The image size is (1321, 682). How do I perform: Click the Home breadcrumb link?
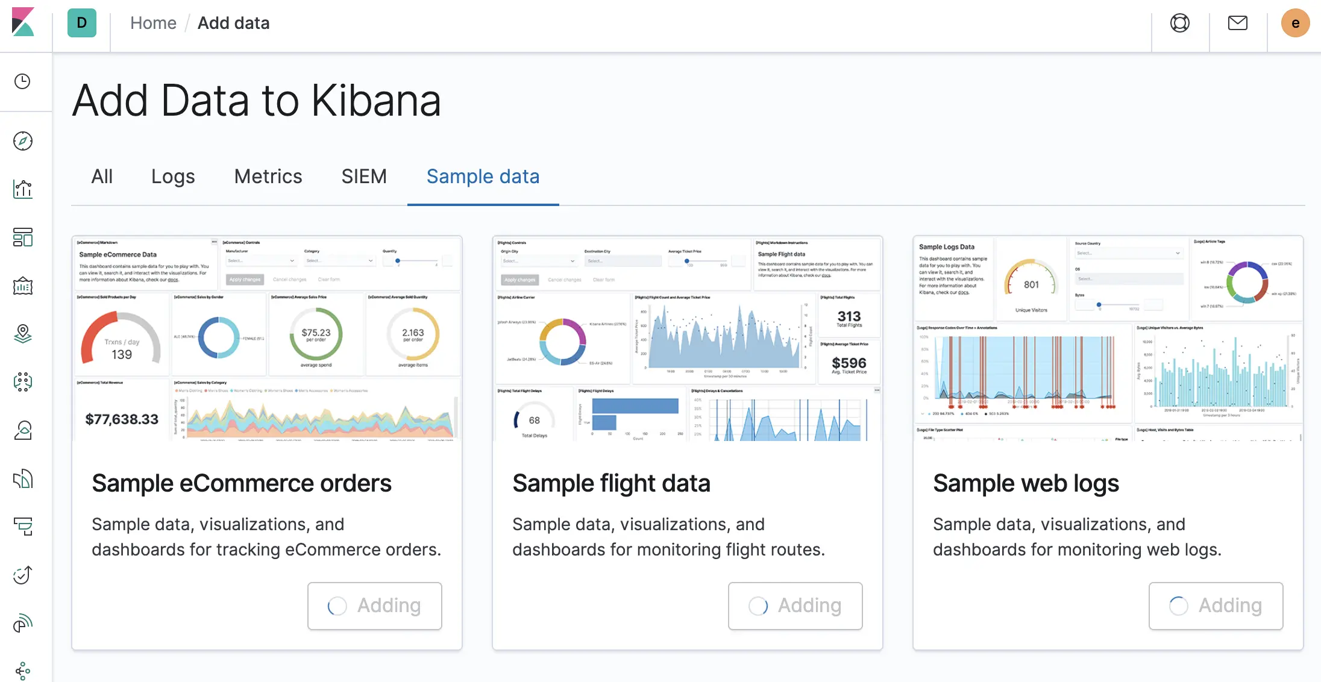coord(153,23)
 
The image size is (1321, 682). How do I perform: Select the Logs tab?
coord(173,177)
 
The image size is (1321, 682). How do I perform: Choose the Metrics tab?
coord(268,177)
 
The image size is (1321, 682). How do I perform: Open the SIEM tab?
coord(364,177)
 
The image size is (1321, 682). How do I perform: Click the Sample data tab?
coord(483,177)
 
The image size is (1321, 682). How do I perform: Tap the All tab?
coord(102,177)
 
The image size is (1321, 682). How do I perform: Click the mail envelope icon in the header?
coord(1237,23)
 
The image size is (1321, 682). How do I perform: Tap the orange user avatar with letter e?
coord(1295,23)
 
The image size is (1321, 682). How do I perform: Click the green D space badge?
coord(82,23)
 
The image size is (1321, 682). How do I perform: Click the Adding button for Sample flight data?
coord(795,605)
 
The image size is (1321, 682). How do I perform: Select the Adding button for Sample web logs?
coord(1216,605)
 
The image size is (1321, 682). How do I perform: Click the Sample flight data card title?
coord(611,483)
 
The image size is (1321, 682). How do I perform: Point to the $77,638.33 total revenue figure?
coord(122,419)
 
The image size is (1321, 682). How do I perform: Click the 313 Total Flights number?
coord(849,316)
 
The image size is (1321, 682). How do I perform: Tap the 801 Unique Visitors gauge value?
coord(1031,284)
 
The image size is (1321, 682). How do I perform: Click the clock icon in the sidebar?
coord(23,81)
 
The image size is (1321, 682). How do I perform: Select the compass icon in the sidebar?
coord(23,141)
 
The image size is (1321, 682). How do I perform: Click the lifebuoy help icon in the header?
coord(1179,23)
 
